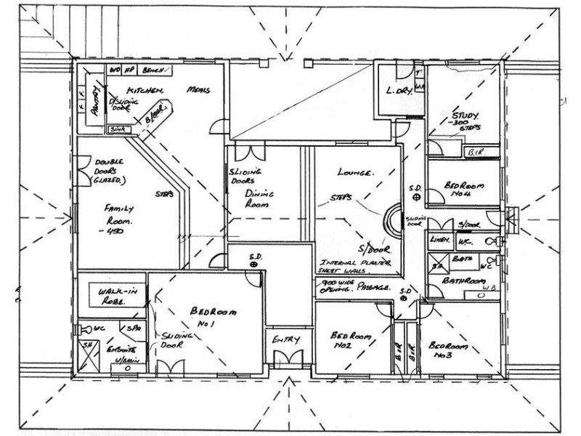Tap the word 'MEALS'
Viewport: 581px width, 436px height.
pyautogui.click(x=198, y=89)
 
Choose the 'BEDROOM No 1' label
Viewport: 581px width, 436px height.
pyautogui.click(x=214, y=317)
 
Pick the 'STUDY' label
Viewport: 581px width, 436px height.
pyautogui.click(x=466, y=116)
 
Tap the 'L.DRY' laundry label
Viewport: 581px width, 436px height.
pyautogui.click(x=399, y=91)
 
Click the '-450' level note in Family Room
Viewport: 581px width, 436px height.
pyautogui.click(x=114, y=232)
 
